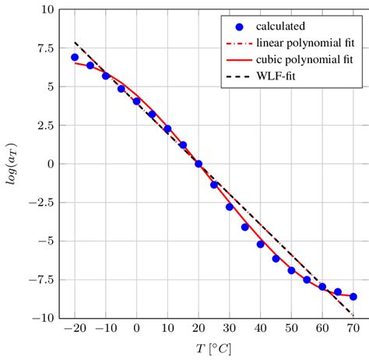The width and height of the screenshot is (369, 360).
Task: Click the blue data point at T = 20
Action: pyautogui.click(x=199, y=164)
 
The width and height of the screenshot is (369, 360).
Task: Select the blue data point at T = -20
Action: pyautogui.click(x=75, y=58)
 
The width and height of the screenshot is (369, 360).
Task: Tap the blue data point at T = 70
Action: pyautogui.click(x=353, y=297)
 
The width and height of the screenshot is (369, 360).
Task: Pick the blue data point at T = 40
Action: pyautogui.click(x=261, y=244)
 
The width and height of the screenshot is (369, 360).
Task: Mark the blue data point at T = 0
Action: pyautogui.click(x=136, y=101)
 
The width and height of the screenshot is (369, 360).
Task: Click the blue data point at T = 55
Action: pyautogui.click(x=307, y=280)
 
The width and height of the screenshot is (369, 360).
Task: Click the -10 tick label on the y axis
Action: pyautogui.click(x=39, y=318)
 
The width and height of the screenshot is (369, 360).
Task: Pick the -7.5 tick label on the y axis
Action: pyautogui.click(x=37, y=280)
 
